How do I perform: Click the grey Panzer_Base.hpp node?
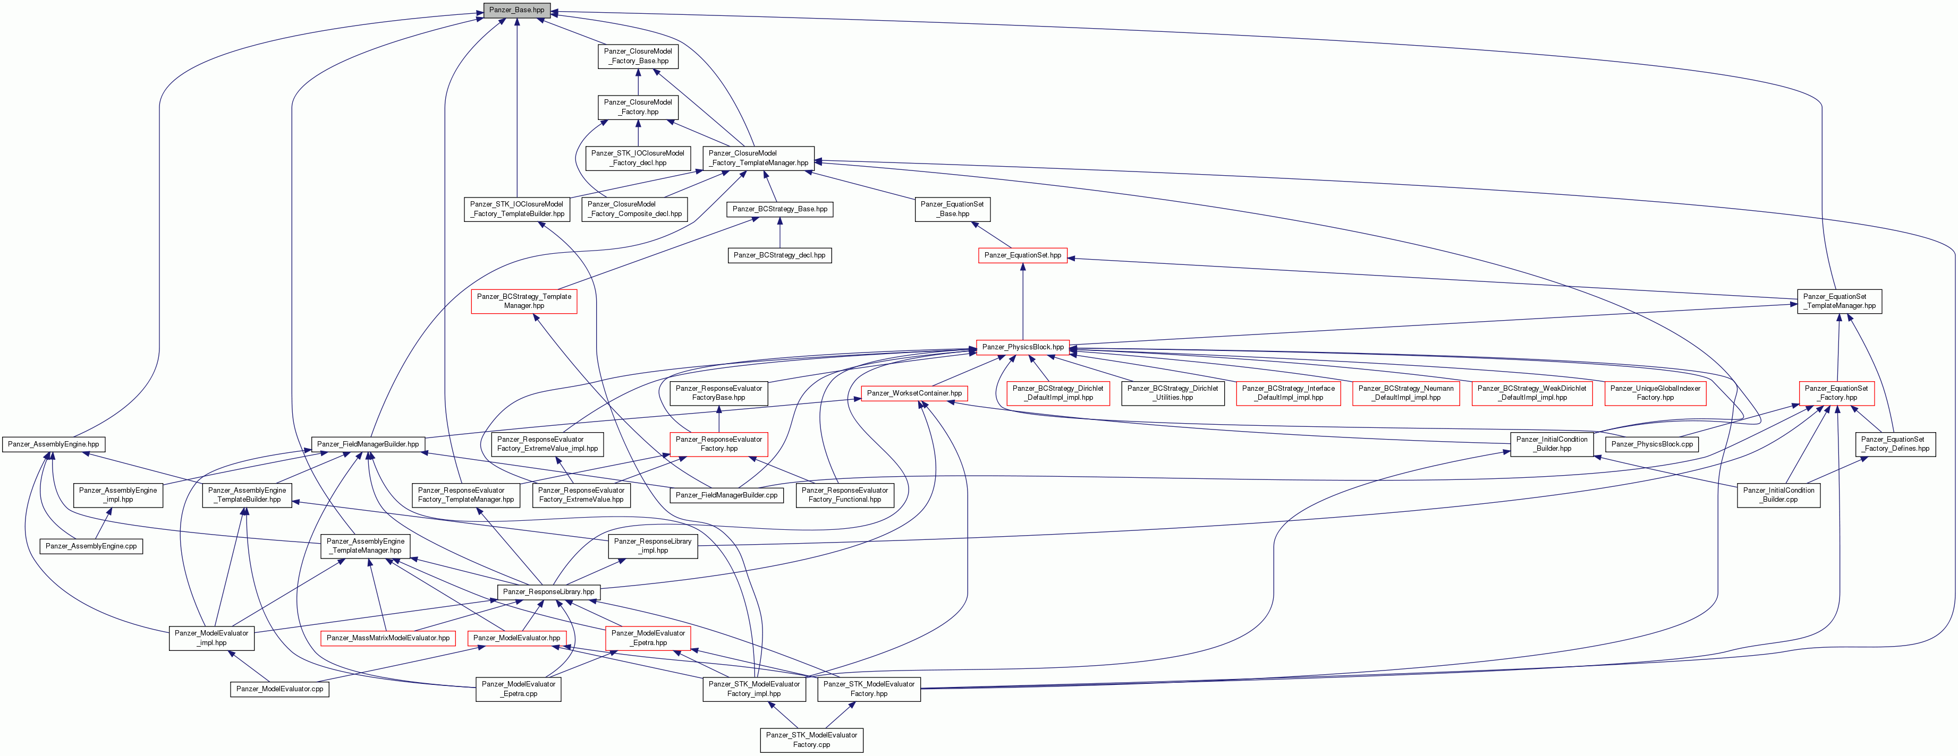click(517, 10)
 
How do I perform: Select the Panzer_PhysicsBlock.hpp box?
click(1023, 347)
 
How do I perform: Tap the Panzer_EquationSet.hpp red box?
click(1022, 255)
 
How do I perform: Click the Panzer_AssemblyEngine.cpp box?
click(91, 546)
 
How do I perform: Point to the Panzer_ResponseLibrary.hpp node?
click(549, 592)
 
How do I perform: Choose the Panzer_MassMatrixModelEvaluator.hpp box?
click(388, 638)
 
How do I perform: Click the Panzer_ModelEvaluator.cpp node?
click(279, 689)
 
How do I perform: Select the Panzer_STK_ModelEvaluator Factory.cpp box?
click(812, 740)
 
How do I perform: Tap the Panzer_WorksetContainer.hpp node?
click(914, 393)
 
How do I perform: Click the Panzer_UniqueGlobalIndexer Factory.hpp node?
click(1656, 393)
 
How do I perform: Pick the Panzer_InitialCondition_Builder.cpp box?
click(1778, 495)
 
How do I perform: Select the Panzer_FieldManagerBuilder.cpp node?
click(727, 495)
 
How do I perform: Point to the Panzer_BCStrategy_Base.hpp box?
click(780, 209)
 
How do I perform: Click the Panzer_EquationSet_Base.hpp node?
click(952, 209)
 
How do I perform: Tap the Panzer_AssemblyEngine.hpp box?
click(53, 444)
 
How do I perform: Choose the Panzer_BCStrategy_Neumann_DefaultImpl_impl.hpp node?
click(1406, 393)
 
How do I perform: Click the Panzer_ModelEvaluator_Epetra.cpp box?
click(519, 689)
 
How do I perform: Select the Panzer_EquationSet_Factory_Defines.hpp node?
click(1896, 444)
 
